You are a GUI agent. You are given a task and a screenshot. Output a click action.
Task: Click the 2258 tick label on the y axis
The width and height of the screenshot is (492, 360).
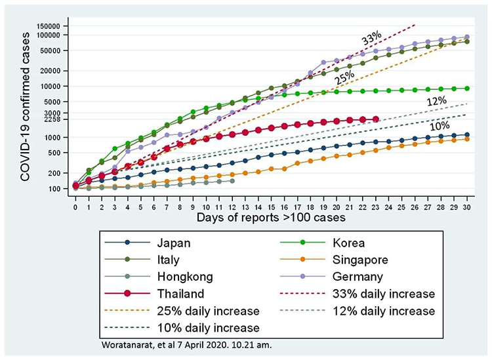click(53, 119)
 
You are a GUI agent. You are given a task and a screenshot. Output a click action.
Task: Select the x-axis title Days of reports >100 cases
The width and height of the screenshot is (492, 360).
click(272, 216)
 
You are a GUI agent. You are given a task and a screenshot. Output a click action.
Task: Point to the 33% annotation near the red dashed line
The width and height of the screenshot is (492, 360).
click(372, 41)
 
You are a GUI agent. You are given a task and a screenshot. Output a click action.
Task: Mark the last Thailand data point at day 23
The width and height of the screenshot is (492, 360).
click(375, 119)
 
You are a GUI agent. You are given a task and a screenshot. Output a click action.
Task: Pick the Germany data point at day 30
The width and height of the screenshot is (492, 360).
click(467, 37)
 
